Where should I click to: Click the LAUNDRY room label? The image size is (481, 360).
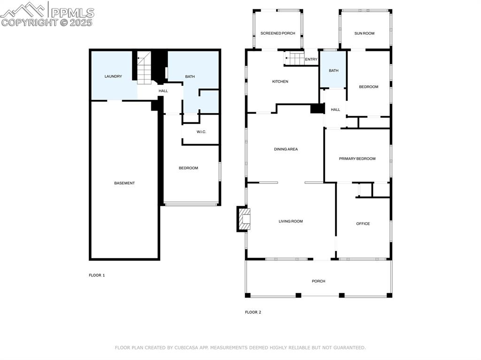point(113,77)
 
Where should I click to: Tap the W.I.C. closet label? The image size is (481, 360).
point(201,131)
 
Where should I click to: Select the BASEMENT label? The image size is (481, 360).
point(124,183)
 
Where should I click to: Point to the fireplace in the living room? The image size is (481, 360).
point(244,219)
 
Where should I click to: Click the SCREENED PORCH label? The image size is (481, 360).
point(278,33)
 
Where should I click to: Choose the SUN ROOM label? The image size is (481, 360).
point(364,33)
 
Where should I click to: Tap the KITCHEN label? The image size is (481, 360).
point(280,82)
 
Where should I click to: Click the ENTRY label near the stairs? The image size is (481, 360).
point(311,59)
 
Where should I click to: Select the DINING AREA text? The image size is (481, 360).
point(286,149)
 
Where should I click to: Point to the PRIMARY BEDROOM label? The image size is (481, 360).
point(357,159)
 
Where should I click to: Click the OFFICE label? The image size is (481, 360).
point(363,224)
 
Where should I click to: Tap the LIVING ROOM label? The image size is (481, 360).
point(290,222)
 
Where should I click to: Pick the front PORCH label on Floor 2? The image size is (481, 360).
point(318,281)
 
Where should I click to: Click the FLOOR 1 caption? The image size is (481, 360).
point(97,275)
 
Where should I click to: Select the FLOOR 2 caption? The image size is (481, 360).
point(253,312)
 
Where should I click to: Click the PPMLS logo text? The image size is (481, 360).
point(72,13)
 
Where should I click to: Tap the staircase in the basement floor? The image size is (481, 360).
point(144,68)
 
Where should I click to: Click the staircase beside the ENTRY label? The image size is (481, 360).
point(295,59)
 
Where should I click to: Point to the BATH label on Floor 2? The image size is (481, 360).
point(333,71)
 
